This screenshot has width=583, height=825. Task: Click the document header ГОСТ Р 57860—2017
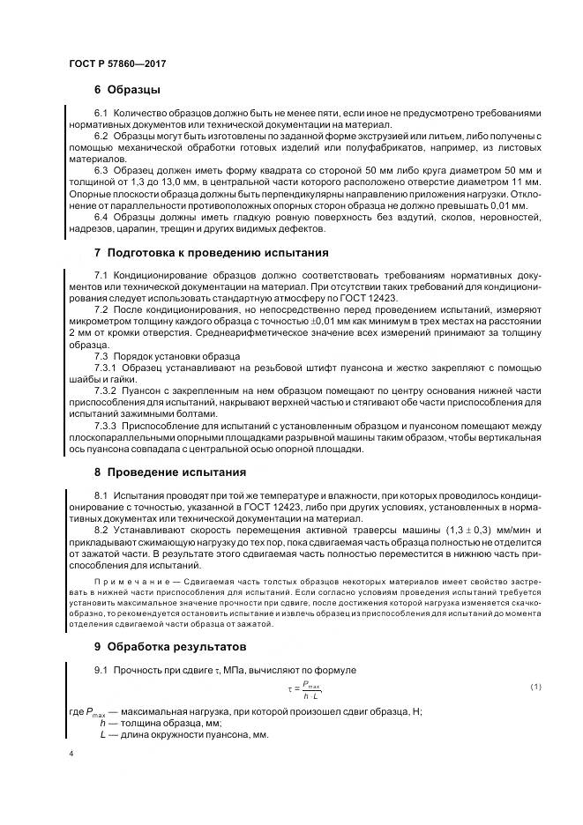point(116,64)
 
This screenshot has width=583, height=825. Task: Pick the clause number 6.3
point(101,169)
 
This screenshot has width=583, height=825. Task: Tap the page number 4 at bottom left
point(71,756)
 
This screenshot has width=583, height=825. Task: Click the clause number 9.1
point(101,669)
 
